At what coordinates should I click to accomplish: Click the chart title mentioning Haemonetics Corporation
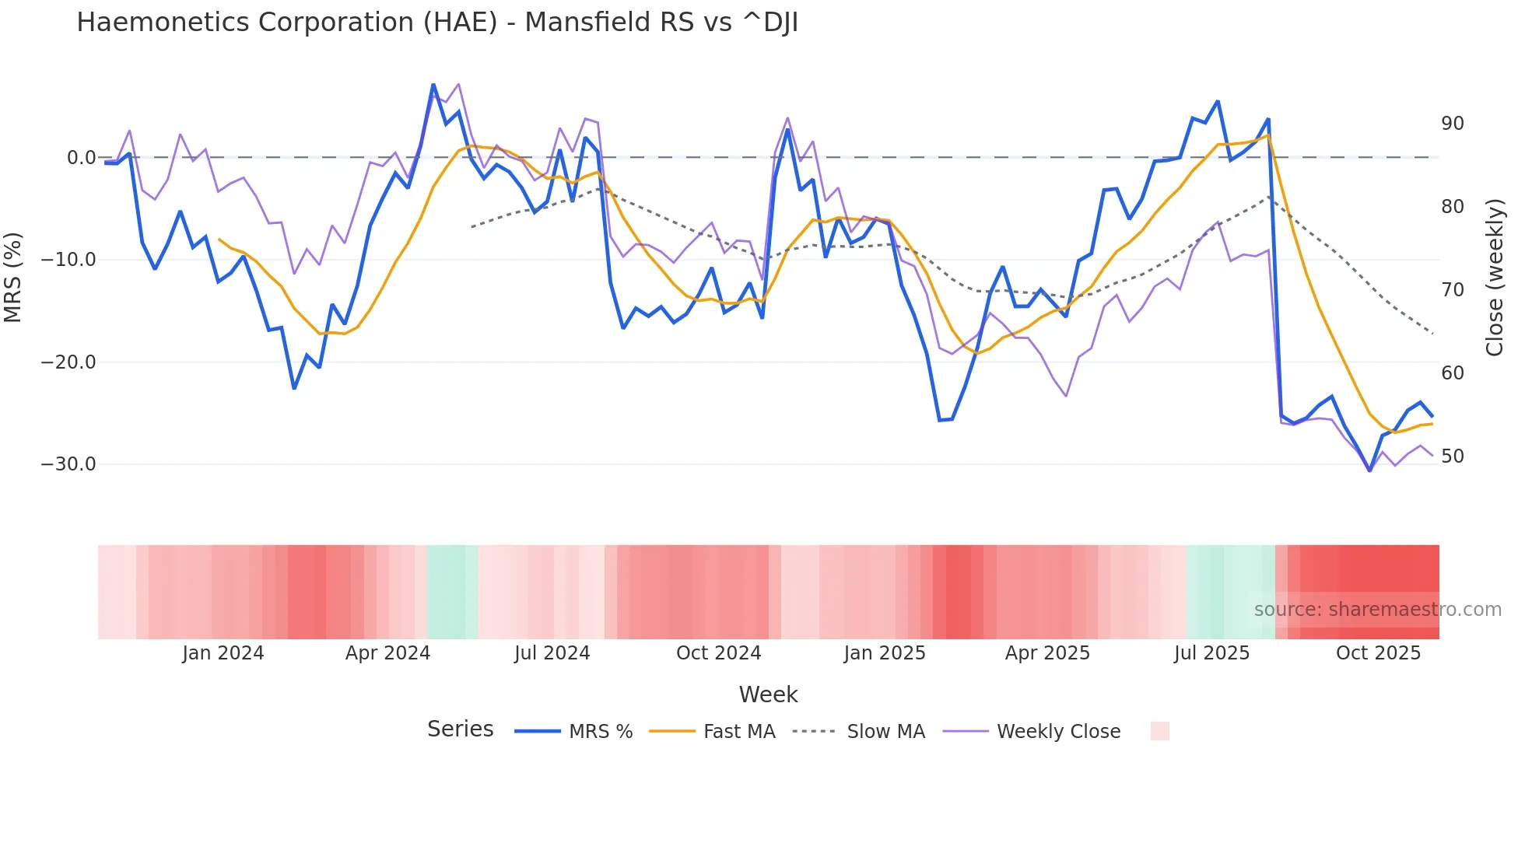437,23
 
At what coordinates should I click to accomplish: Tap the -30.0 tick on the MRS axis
68,464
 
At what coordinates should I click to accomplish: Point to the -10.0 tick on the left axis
68,260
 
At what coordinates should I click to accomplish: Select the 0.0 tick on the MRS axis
81,158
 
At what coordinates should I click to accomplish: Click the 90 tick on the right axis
1452,124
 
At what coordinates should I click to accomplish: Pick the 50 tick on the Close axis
1452,456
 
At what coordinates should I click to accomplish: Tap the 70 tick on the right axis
1452,290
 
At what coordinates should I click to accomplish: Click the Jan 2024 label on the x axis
223,653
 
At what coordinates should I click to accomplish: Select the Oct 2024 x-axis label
718,653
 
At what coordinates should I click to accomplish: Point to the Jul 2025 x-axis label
1211,653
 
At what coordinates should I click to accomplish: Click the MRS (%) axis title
13,277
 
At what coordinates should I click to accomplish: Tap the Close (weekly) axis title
1494,278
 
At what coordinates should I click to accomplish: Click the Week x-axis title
768,694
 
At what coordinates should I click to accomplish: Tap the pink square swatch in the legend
1159,731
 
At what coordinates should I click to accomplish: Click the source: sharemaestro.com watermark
1377,610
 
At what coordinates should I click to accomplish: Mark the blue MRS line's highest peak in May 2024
433,85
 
